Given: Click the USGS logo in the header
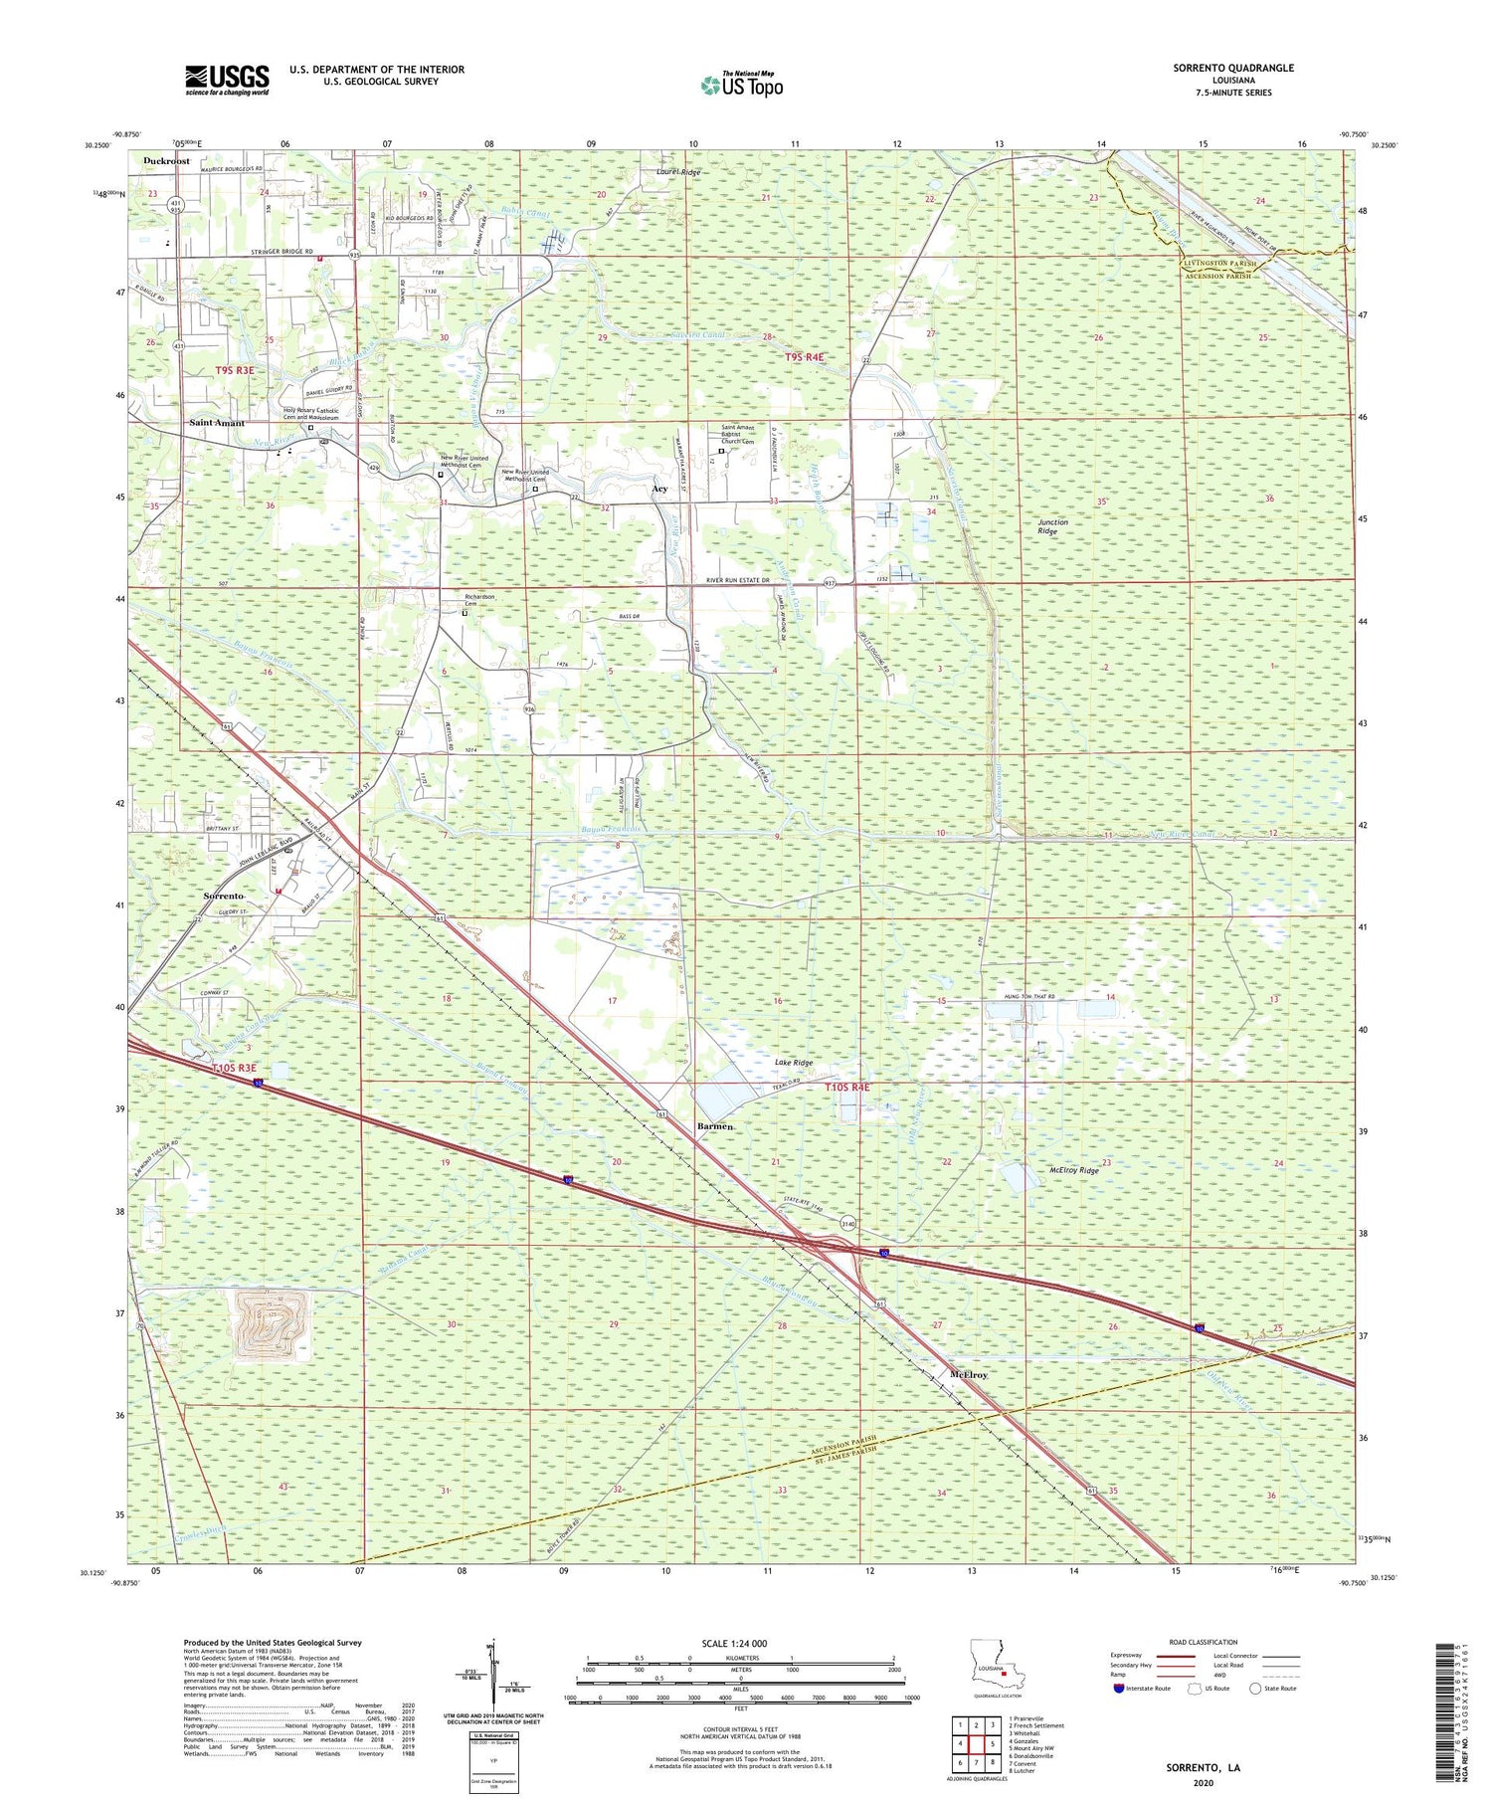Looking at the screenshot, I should [227, 80].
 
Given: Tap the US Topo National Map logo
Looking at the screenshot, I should [741, 85].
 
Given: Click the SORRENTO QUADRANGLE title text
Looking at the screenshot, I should [1232, 68].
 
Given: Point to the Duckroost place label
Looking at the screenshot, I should [166, 160].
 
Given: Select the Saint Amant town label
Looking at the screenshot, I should [217, 423].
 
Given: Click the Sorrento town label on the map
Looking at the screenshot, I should [224, 897].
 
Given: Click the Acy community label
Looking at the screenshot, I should [658, 490].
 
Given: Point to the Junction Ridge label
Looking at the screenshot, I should [1052, 526].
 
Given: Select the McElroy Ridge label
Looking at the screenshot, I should [1074, 1171].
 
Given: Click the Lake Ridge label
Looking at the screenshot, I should [793, 1063].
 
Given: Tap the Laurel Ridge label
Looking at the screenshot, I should [678, 172].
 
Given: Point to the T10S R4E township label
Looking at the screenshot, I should [846, 1088].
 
